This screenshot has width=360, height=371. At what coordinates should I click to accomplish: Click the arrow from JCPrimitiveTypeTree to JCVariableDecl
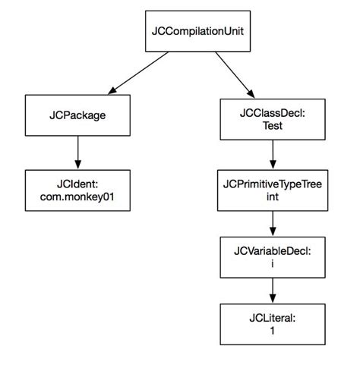pyautogui.click(x=272, y=222)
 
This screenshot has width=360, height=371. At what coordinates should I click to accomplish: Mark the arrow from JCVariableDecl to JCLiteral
pyautogui.click(x=272, y=290)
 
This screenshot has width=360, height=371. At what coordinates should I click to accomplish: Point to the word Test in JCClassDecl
pyautogui.click(x=272, y=126)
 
